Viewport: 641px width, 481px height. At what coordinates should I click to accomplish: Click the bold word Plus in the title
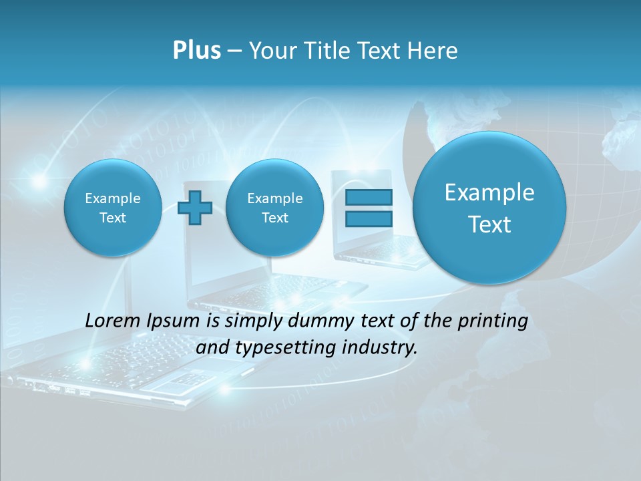(196, 51)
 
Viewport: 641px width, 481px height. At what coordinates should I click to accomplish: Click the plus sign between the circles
(195, 208)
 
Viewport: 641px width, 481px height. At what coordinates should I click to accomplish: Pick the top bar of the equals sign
(369, 197)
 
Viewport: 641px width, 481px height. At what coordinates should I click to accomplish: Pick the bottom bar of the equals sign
(369, 218)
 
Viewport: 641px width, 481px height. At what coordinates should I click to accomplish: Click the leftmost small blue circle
(113, 208)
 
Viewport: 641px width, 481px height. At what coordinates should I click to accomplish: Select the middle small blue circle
(274, 208)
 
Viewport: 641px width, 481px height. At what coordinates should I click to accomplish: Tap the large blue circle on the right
(489, 207)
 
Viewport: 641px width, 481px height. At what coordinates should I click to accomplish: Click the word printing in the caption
(492, 321)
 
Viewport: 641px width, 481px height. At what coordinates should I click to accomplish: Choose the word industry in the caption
(379, 347)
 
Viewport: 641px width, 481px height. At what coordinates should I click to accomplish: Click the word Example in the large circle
(489, 192)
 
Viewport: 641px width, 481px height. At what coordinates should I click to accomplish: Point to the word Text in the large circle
(489, 224)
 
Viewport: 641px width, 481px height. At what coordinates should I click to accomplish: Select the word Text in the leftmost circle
(113, 218)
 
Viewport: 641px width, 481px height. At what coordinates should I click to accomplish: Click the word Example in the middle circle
(274, 198)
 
